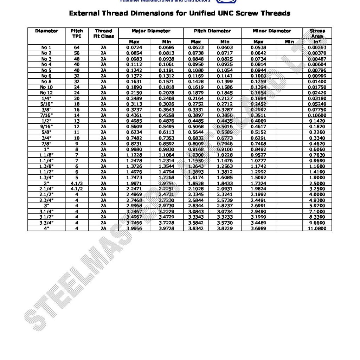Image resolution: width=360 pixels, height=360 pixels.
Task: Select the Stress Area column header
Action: tap(317, 33)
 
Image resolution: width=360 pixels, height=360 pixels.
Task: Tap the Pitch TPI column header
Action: tap(77, 33)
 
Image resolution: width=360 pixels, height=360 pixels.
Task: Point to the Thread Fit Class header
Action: tap(103, 33)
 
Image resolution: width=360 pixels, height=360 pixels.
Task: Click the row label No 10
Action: tap(46, 87)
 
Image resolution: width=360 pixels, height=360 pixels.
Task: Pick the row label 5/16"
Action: tap(46, 104)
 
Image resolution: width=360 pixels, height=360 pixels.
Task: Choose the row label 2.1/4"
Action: tap(46, 189)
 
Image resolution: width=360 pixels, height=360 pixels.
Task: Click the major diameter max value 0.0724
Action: tap(134, 47)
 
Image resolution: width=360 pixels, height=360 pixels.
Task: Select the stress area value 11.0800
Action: tap(317, 229)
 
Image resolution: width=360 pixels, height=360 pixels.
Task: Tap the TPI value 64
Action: tap(77, 47)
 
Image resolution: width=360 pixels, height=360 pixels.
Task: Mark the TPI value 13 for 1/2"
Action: tap(77, 121)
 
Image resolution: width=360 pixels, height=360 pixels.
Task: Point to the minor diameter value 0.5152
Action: tap(258, 132)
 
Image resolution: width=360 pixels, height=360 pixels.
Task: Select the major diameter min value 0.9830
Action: tap(166, 149)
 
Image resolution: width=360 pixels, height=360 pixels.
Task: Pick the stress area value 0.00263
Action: tap(317, 47)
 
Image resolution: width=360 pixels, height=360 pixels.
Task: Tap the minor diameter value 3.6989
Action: tap(258, 229)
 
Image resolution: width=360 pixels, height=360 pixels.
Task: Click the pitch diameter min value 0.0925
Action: tap(225, 64)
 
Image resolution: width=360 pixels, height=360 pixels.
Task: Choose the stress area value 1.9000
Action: tap(317, 178)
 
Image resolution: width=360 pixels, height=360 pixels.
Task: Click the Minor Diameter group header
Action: tap(272, 31)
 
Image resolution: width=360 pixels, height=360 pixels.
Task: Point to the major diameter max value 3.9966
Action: tap(134, 229)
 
